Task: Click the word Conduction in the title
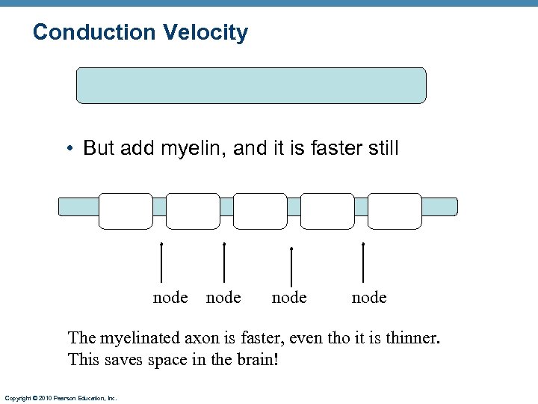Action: click(x=93, y=33)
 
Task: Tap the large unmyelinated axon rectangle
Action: click(x=251, y=85)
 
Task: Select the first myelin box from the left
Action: click(x=126, y=211)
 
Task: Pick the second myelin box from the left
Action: click(x=193, y=211)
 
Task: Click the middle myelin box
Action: click(x=260, y=211)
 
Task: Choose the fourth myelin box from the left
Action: click(x=327, y=211)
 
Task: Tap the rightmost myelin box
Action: click(x=395, y=211)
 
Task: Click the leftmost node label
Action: click(x=170, y=298)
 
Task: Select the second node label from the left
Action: click(x=223, y=298)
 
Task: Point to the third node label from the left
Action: click(x=289, y=298)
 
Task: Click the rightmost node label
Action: click(x=369, y=298)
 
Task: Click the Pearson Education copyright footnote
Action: click(x=61, y=399)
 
